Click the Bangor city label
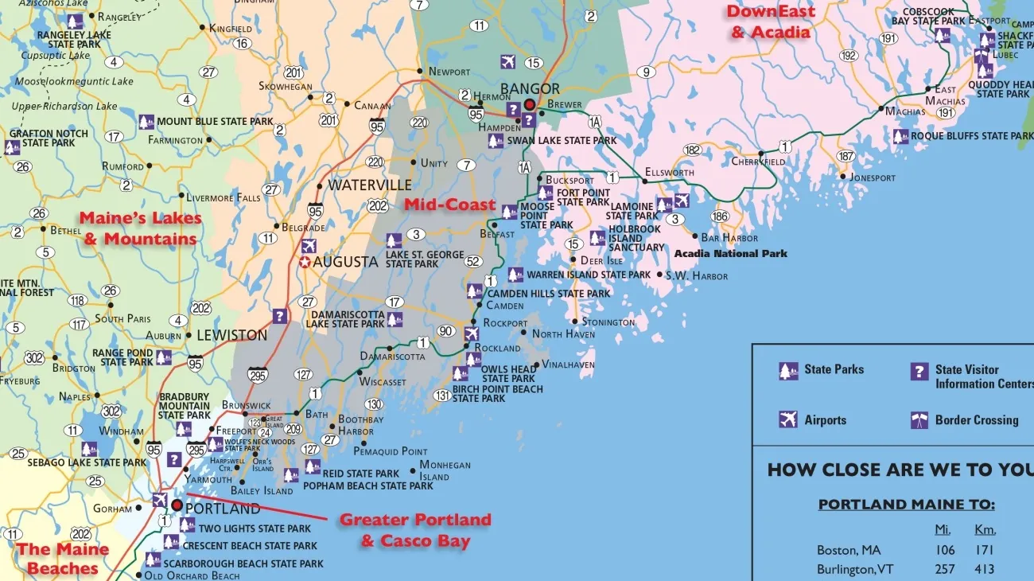530,88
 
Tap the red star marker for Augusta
305,262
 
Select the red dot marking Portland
177,505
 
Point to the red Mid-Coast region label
449,205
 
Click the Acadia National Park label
730,254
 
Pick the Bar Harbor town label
729,237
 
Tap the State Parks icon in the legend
788,371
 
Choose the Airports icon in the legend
788,419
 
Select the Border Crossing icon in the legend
919,419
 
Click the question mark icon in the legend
919,371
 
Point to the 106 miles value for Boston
945,550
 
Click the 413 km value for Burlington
984,569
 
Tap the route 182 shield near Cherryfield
692,150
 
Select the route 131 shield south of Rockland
442,396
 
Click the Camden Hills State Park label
549,294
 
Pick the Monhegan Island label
445,470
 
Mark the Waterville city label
370,185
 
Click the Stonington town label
608,322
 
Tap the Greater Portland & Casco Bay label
415,531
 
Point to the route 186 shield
720,216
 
